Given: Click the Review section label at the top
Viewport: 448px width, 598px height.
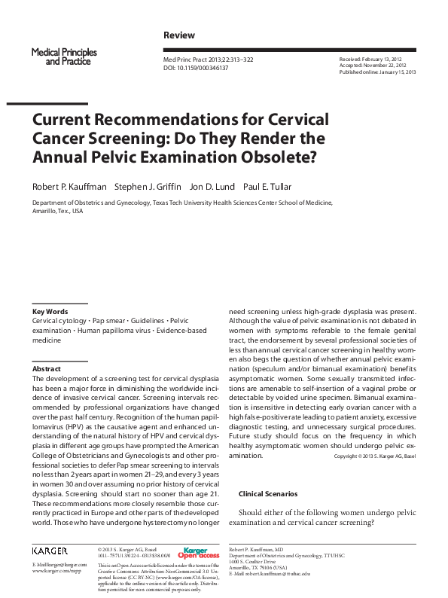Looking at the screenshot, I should pos(178,35).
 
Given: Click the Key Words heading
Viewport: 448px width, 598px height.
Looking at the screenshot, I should pos(50,311).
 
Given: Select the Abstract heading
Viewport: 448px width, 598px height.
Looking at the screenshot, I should pos(46,368).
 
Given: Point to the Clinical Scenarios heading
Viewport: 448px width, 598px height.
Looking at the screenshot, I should pos(267,493).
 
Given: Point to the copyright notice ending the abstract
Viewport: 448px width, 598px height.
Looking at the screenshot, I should pos(373,456).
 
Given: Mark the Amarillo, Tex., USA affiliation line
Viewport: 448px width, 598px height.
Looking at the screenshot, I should pos(57,212).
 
